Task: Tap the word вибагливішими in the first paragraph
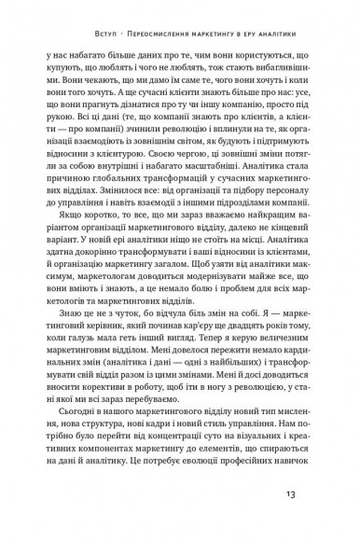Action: pos(289,69)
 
